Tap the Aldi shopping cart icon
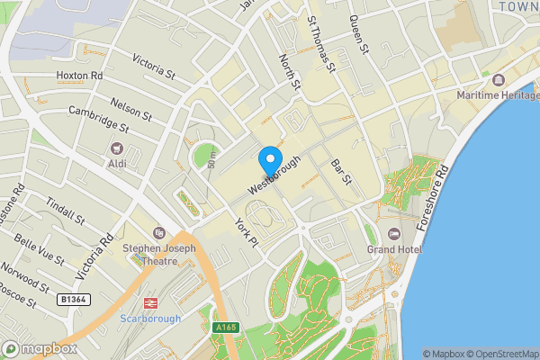(116, 148)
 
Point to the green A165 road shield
(225, 328)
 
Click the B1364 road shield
(73, 298)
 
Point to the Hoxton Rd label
(79, 76)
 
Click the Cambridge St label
(99, 119)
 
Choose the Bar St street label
(340, 172)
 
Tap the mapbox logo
(39, 348)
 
